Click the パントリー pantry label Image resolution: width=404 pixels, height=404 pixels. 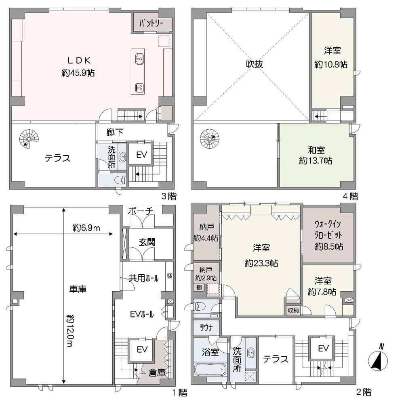(x=151, y=24)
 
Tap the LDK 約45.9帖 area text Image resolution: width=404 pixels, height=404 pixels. (x=78, y=67)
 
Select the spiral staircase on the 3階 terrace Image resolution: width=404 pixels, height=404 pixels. (x=29, y=139)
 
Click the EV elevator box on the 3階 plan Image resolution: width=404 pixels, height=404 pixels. (x=141, y=155)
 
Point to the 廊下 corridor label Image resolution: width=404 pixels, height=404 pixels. (x=115, y=133)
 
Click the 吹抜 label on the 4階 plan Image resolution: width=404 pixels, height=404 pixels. (x=254, y=64)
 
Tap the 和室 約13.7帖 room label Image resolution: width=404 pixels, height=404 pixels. (x=316, y=156)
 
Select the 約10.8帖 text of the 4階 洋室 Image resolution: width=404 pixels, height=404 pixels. (x=331, y=64)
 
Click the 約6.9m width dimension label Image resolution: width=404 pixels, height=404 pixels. (x=86, y=228)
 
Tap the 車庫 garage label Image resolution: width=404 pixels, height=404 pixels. (x=77, y=289)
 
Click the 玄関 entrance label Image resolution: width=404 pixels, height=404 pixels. (x=147, y=242)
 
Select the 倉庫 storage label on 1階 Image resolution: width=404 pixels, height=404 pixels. (x=157, y=372)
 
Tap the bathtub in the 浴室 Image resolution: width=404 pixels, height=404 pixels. (x=210, y=370)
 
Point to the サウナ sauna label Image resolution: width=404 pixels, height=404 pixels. (x=206, y=328)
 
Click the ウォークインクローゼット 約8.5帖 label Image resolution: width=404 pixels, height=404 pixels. (x=328, y=236)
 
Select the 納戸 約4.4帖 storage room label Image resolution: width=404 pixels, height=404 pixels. (x=206, y=233)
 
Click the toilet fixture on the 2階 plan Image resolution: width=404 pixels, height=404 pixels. (x=200, y=306)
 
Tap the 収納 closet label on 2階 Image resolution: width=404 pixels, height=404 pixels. (x=293, y=311)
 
